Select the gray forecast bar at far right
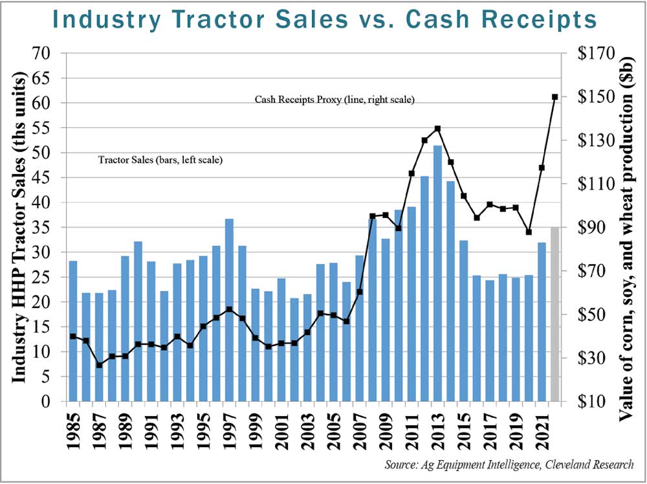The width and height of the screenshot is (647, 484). coord(554,314)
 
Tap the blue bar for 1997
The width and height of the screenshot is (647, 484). coord(228,311)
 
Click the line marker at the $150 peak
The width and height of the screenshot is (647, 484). coord(554,97)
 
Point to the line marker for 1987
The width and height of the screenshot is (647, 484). coord(99,366)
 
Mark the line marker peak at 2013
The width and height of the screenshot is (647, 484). coord(437,129)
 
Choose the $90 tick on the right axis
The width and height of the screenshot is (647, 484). coord(599,228)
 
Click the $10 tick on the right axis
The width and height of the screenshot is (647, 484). coord(599,402)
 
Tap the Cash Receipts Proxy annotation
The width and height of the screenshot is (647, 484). coord(334,100)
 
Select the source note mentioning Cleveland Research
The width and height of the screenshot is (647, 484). coord(509,465)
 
